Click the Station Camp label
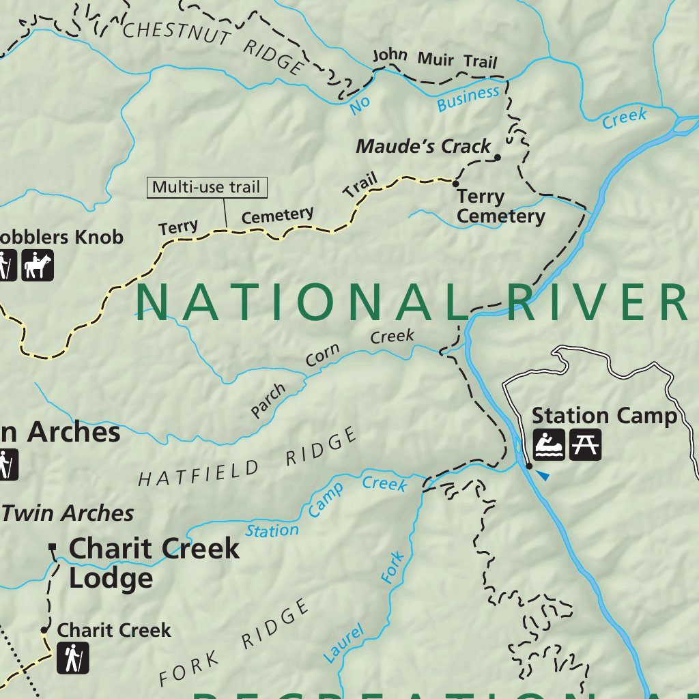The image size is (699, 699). coord(604,415)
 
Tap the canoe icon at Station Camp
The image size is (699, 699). coord(549,445)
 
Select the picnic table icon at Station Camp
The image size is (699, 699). coord(585,445)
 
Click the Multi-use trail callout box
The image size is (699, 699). coord(207,187)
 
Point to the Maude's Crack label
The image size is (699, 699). coord(423,146)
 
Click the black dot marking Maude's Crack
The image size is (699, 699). coord(498,157)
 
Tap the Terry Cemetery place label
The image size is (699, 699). coord(500,207)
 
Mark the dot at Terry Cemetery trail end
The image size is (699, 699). coord(455,182)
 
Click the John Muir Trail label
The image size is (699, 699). coord(435,59)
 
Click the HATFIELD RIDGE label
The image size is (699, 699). coord(248,457)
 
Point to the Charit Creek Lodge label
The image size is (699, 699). coord(154,563)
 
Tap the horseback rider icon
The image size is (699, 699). coord(37,265)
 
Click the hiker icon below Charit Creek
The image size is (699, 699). coord(72,659)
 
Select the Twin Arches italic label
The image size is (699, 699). coord(68,513)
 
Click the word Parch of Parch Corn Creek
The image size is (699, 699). coord(268,401)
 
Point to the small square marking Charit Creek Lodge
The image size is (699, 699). coord(53,547)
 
